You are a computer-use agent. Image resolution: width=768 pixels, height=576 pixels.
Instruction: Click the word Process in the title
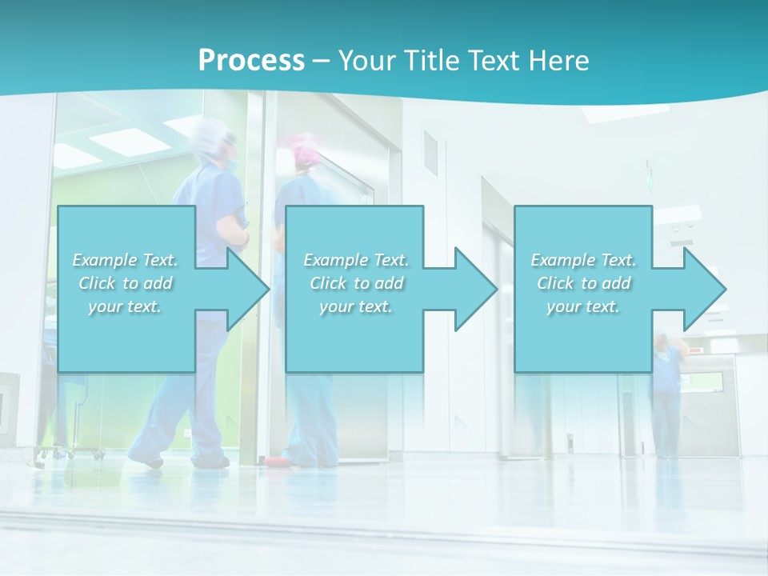[251, 61]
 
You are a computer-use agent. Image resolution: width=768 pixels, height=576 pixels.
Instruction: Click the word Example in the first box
[105, 260]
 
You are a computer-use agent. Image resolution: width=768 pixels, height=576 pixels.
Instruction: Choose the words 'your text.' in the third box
[583, 306]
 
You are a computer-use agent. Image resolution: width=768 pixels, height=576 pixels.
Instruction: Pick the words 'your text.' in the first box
[125, 306]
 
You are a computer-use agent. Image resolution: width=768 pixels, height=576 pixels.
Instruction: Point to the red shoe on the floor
[276, 462]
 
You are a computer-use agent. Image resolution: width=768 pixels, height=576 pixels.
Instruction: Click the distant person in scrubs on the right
[666, 400]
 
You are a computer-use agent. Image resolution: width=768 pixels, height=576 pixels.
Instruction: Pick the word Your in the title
[368, 61]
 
